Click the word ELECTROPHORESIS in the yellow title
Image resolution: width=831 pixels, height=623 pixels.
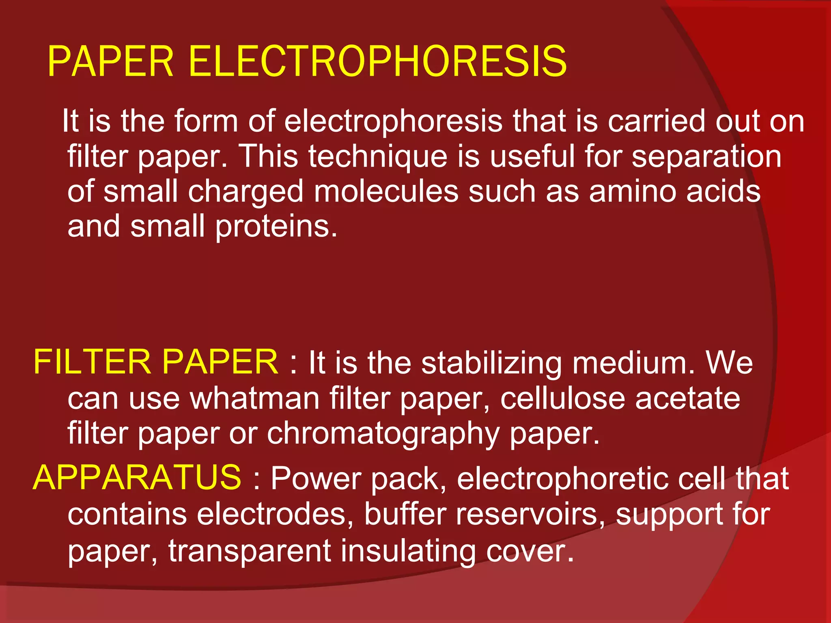pyautogui.click(x=377, y=62)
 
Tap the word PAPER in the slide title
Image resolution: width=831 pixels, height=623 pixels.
pyautogui.click(x=111, y=62)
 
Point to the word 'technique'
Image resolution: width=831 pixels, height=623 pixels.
pyautogui.click(x=377, y=157)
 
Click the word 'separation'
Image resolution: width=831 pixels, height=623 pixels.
pyautogui.click(x=706, y=157)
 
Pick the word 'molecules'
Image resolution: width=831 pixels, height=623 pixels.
pyautogui.click(x=386, y=191)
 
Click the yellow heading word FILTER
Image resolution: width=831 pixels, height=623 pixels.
pyautogui.click(x=92, y=362)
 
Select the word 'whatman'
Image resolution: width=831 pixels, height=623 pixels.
pyautogui.click(x=255, y=398)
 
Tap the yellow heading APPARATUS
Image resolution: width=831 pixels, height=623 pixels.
pyautogui.click(x=137, y=478)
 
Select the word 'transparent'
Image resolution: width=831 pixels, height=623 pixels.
pyautogui.click(x=250, y=551)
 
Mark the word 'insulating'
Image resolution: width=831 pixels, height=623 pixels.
pyautogui.click(x=408, y=551)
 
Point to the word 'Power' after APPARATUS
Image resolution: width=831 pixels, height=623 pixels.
pyautogui.click(x=316, y=479)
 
